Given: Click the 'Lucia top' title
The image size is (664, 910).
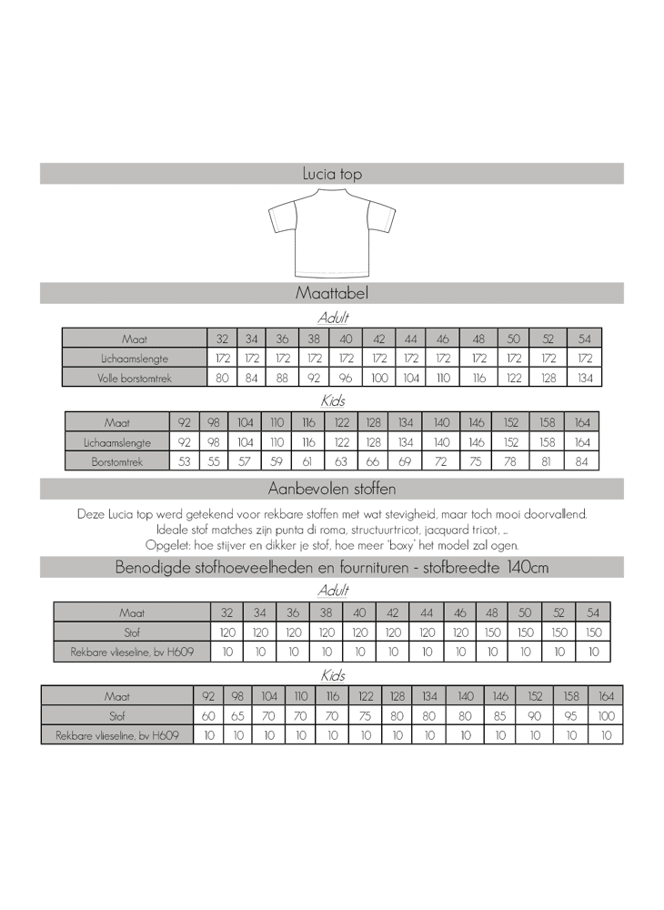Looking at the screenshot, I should (332, 174).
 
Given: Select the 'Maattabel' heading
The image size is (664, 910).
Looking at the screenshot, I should (332, 293).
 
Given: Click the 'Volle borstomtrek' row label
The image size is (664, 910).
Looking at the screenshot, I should (135, 377).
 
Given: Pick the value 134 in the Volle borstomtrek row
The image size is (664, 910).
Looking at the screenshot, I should (585, 377).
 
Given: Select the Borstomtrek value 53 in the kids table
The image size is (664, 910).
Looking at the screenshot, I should (184, 461).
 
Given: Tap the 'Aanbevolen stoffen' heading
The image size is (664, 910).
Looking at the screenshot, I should (332, 489).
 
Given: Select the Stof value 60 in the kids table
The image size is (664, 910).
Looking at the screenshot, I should (208, 715).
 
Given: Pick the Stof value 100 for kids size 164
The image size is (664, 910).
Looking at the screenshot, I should (607, 715).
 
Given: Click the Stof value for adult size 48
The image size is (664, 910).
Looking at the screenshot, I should (492, 632).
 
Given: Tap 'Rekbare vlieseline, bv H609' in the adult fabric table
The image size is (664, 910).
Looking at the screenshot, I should (132, 652).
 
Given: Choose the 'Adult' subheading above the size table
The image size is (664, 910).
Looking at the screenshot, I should (333, 318).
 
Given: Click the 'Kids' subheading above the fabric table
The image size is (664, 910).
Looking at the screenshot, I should (333, 675).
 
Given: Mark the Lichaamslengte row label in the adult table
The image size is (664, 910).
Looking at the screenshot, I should (135, 358).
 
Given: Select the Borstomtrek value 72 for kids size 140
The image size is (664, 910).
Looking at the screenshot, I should (441, 461).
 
